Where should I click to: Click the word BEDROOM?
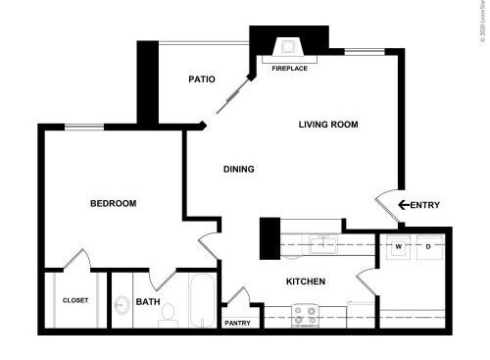pos(113,204)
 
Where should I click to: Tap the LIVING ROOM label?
pos(327,125)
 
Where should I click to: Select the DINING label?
pos(238,169)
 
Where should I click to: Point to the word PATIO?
pos(201,79)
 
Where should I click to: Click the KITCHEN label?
pos(305,283)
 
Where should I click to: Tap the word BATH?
pos(148,302)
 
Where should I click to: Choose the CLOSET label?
pos(75,300)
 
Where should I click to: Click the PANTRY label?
pos(238,323)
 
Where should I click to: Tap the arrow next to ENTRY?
pos(402,205)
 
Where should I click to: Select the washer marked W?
pos(400,246)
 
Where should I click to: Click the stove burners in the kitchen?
pos(305,314)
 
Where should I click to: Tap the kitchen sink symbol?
pos(323,243)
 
